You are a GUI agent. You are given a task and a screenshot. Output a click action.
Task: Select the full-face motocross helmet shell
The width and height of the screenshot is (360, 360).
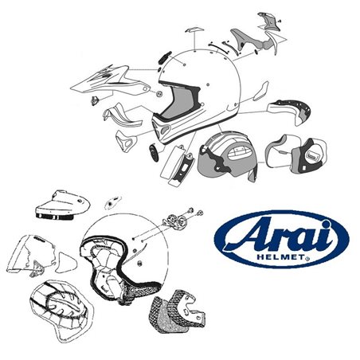pos(203,88)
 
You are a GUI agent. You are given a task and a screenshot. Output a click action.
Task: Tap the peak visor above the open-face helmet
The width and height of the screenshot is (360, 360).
pos(64,205)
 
